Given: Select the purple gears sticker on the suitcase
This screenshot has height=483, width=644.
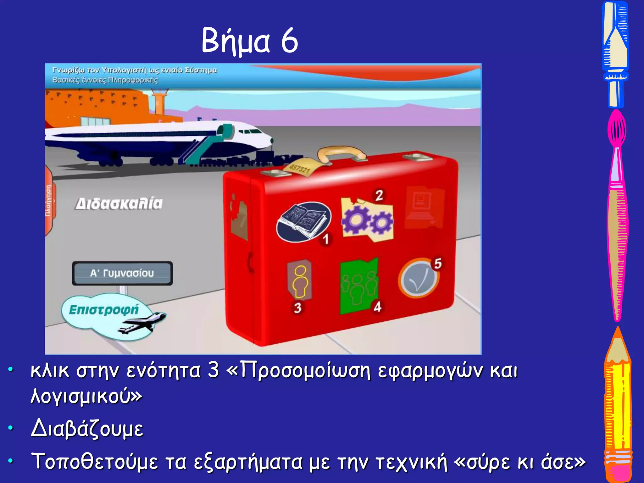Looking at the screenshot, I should click(x=367, y=220).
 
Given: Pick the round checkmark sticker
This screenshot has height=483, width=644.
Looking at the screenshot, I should click(x=418, y=279).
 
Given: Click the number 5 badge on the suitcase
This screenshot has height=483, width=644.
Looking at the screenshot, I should click(x=438, y=264).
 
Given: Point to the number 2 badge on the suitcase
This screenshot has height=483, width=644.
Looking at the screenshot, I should click(x=379, y=195).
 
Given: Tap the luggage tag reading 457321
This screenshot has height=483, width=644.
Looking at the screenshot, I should click(x=299, y=169).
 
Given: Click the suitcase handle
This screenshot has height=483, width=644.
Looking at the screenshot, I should click(x=341, y=153).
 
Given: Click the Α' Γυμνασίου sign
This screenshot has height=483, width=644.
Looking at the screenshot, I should click(x=122, y=273).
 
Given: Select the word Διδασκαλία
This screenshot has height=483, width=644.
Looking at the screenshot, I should click(x=119, y=204).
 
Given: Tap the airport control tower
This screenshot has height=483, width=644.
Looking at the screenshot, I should click(x=159, y=101).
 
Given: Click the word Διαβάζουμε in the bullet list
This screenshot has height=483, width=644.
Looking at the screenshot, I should click(x=87, y=429).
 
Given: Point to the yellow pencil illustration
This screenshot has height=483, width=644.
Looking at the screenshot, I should click(x=618, y=406).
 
